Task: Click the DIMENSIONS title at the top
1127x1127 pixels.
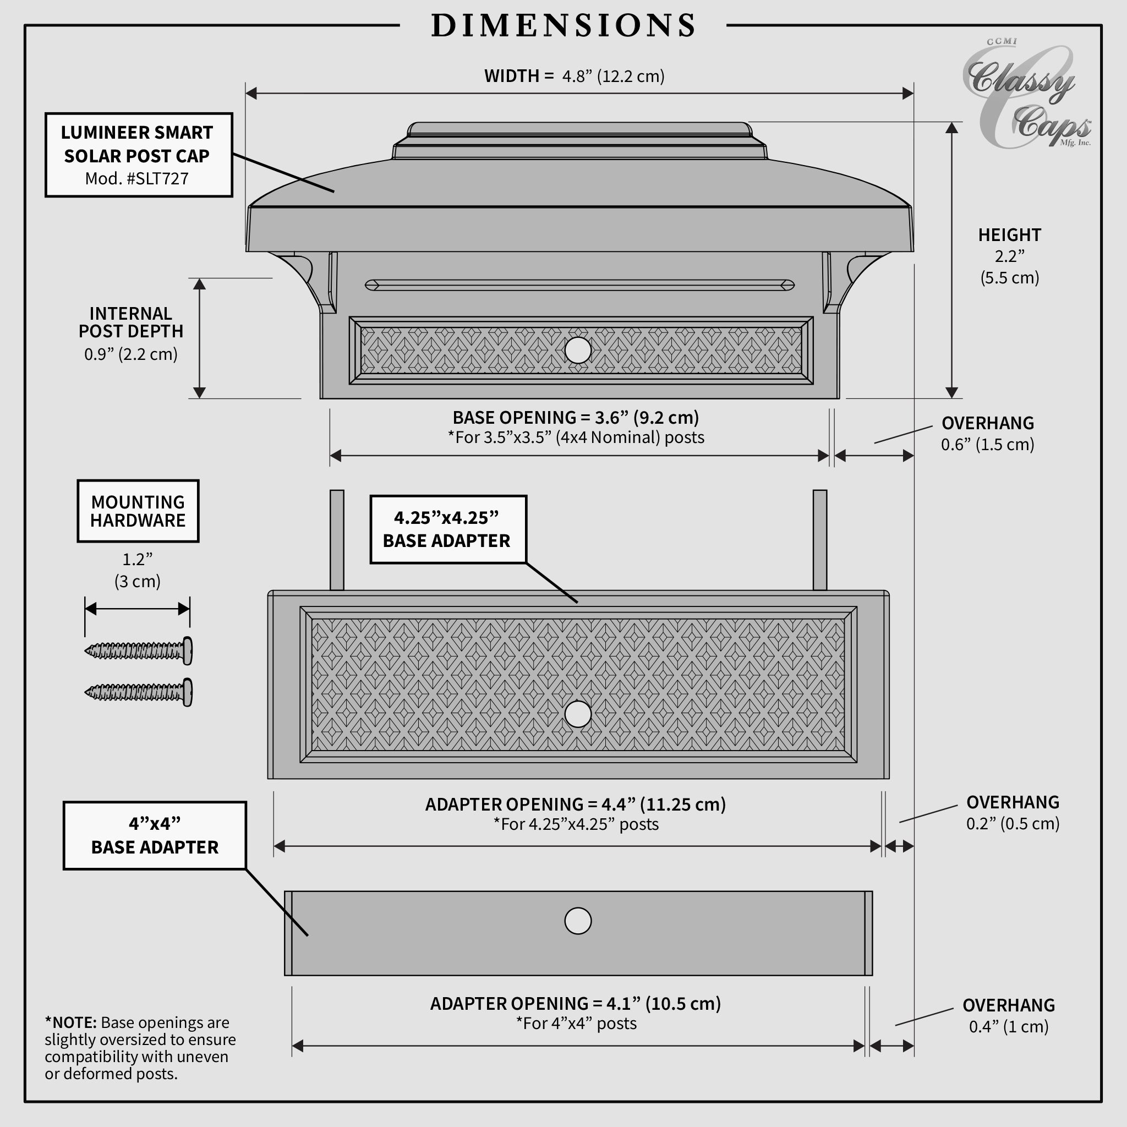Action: pyautogui.click(x=563, y=26)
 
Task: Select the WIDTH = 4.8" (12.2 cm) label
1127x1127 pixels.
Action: pyautogui.click(x=574, y=76)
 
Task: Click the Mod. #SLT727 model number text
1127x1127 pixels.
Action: pyautogui.click(x=137, y=178)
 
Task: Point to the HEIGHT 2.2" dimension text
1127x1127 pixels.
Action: pyautogui.click(x=1009, y=256)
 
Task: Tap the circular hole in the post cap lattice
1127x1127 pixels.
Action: pyautogui.click(x=577, y=350)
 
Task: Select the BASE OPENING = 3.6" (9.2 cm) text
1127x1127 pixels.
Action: pyautogui.click(x=575, y=418)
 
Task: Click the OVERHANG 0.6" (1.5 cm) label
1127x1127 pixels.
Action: pyautogui.click(x=987, y=434)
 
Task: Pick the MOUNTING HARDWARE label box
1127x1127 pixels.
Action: pyautogui.click(x=138, y=511)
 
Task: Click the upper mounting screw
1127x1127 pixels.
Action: pyautogui.click(x=139, y=650)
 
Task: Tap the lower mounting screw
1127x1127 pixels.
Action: pyautogui.click(x=139, y=692)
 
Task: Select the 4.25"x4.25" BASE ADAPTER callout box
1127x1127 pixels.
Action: pyautogui.click(x=447, y=529)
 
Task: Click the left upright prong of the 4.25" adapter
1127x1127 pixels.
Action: pyautogui.click(x=337, y=540)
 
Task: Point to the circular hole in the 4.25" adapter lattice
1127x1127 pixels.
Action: pyautogui.click(x=577, y=714)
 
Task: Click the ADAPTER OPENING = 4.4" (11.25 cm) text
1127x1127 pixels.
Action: pyautogui.click(x=575, y=805)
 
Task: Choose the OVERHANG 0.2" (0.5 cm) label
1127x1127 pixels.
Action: pyautogui.click(x=1012, y=813)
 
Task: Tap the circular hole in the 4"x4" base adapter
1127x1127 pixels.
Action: pyautogui.click(x=577, y=921)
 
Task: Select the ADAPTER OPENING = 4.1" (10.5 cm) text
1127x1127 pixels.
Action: pyautogui.click(x=575, y=1003)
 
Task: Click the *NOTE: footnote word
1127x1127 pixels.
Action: pyautogui.click(x=70, y=1022)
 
